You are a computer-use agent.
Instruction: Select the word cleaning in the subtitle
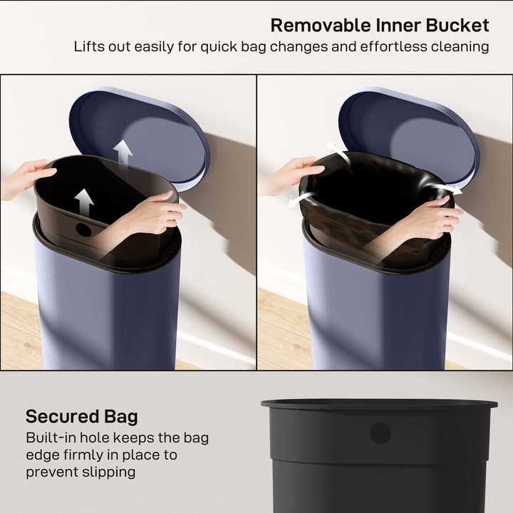(459, 47)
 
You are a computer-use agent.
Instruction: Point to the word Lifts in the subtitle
(89, 47)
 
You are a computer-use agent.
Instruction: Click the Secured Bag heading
(82, 417)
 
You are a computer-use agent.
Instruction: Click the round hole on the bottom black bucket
(380, 432)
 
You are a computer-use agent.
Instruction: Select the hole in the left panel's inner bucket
(84, 230)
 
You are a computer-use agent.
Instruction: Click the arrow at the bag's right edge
(447, 190)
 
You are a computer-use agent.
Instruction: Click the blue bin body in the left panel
(107, 313)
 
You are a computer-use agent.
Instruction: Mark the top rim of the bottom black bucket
(379, 404)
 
